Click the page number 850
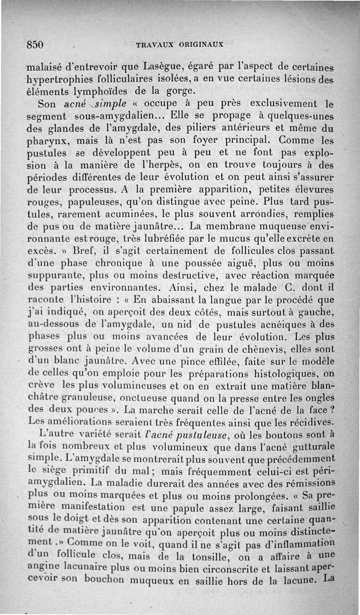35,45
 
